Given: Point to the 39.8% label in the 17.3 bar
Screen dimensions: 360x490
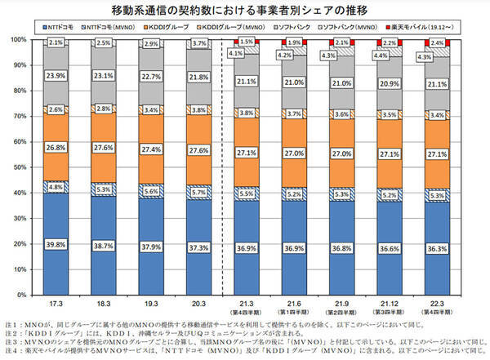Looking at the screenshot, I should click(x=56, y=244).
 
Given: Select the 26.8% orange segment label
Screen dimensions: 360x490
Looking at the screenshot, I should click(x=56, y=148).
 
